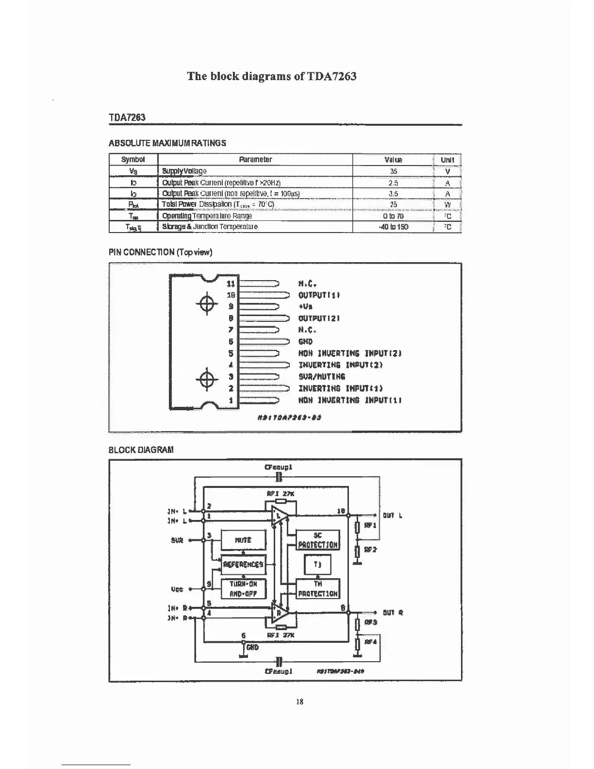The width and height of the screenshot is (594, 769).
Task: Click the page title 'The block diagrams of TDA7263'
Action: pos(272,76)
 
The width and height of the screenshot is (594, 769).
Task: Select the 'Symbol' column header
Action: pos(133,160)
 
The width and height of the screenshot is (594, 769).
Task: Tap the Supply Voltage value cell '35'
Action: pos(393,171)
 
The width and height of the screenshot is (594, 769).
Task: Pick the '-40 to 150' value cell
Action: pos(393,227)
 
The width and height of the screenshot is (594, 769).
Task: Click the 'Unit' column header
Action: pos(447,160)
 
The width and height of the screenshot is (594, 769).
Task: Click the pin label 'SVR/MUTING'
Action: pos(322,376)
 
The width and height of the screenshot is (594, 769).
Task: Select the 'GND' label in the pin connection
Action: pos(306,341)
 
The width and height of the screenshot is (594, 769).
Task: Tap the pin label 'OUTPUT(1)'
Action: pos(319,295)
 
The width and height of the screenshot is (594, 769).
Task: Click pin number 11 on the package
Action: pos(231,283)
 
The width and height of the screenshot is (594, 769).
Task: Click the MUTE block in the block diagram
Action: pos(243,540)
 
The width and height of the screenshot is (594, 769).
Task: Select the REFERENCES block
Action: pos(243,564)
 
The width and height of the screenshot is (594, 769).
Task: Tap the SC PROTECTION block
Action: pos(318,540)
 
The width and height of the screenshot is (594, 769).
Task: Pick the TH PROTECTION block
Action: pos(318,588)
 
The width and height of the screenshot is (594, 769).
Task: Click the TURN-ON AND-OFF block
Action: pos(243,588)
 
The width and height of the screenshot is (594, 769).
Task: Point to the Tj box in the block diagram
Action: pos(317,564)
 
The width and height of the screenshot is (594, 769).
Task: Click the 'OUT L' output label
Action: pos(392,516)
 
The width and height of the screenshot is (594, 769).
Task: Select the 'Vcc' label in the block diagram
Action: pos(177,589)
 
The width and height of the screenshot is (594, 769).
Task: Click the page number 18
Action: pos(299,702)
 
